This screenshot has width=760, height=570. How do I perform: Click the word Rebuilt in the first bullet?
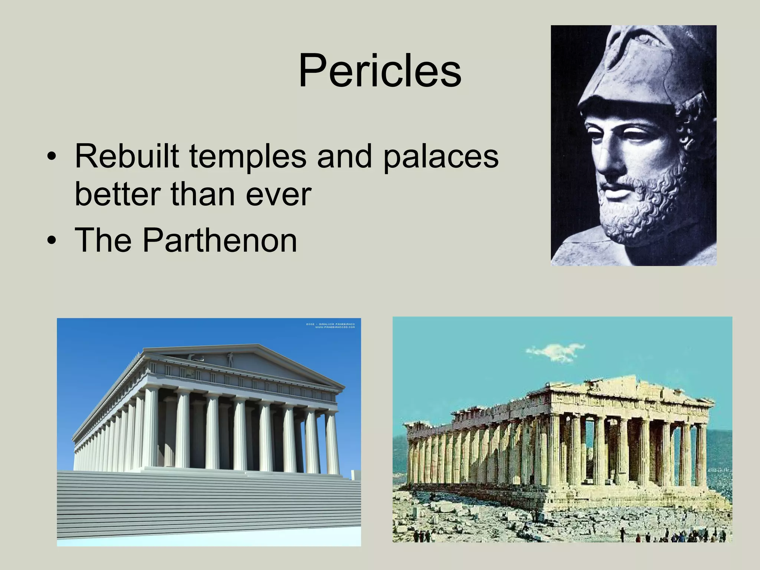click(x=127, y=156)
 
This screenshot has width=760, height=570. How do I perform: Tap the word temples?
click(x=248, y=156)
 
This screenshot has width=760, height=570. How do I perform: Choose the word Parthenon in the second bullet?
click(x=220, y=241)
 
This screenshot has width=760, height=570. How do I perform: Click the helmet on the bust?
click(x=631, y=67)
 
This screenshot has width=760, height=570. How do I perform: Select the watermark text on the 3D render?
click(x=330, y=325)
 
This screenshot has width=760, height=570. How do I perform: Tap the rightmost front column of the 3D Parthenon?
click(x=332, y=442)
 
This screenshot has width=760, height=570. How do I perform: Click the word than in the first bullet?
click(x=203, y=194)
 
